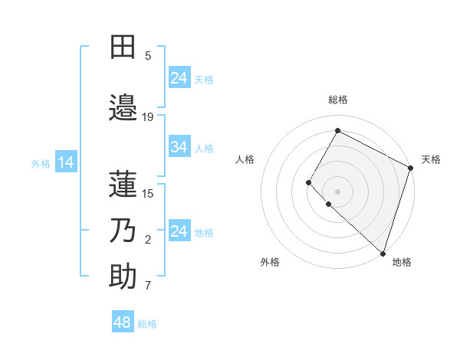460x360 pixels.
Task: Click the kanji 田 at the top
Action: [x=123, y=47]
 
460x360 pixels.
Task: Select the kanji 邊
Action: [x=123, y=107]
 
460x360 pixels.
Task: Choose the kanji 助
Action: [x=123, y=277]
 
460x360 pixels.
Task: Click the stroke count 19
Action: [x=148, y=117]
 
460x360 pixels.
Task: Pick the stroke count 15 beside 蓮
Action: [x=148, y=193]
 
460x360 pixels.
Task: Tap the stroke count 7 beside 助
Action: [x=148, y=286]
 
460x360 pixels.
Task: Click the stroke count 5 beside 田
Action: [x=148, y=56]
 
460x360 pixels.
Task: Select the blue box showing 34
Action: [x=179, y=147]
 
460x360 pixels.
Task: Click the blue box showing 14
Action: [x=66, y=162]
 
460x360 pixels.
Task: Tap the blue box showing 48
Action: [x=123, y=322]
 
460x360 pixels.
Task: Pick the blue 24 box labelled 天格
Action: [x=179, y=78]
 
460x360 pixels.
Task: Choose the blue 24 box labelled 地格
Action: [x=179, y=231]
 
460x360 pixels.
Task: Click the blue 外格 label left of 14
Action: [x=41, y=163]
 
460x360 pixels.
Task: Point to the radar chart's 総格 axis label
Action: [x=338, y=100]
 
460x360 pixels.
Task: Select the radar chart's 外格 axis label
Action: [x=270, y=262]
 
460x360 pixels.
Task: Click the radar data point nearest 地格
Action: [x=383, y=254]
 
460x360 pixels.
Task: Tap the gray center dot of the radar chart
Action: [x=337, y=191]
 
